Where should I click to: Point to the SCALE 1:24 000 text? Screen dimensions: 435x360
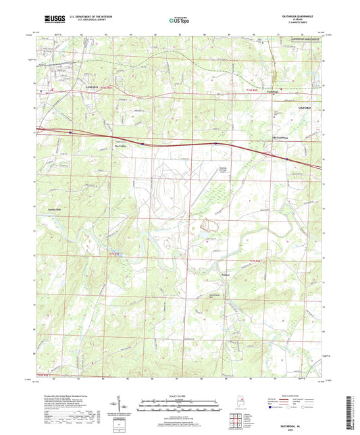tap(179, 395)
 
